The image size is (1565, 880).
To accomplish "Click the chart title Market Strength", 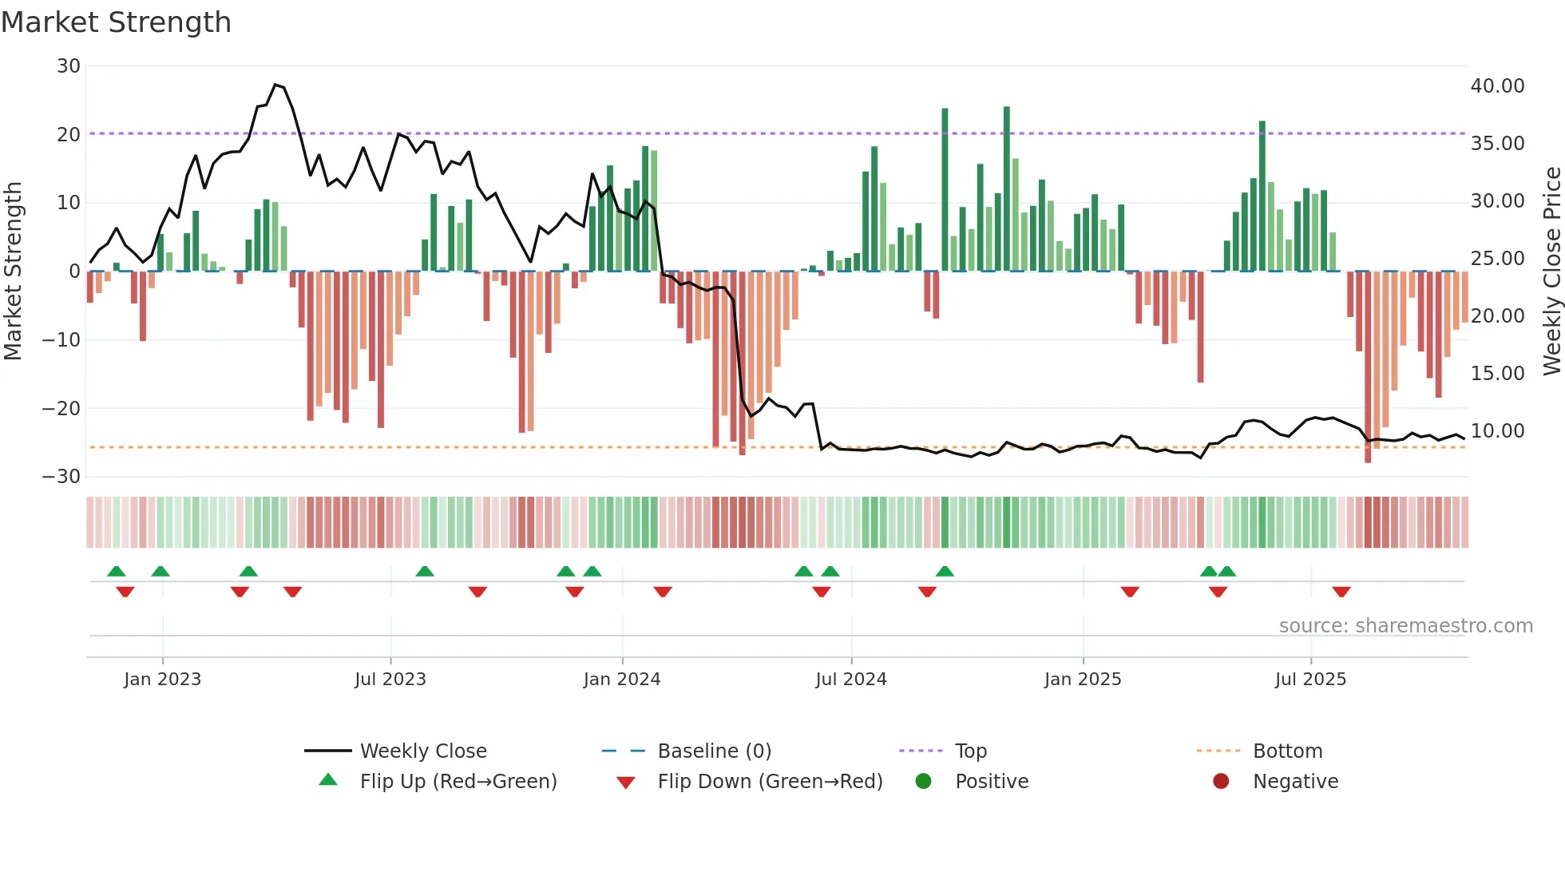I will [116, 22].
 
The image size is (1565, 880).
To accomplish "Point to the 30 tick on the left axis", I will [69, 66].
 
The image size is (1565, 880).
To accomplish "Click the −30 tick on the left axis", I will [61, 477].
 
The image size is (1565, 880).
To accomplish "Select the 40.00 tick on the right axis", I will [1497, 86].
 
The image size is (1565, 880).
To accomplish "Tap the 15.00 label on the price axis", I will [1497, 374].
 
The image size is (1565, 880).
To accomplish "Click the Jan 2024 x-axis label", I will [622, 680].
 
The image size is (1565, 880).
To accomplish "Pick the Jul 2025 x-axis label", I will [1310, 680].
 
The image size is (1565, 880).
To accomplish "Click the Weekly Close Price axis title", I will [1551, 272].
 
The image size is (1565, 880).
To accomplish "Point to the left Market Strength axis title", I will [14, 272].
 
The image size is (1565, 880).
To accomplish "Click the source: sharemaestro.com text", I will [1405, 626].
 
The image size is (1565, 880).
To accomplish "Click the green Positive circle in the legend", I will [924, 782].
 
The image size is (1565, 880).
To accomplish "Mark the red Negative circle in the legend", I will [1221, 782].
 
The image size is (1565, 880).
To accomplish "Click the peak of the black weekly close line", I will [275, 85].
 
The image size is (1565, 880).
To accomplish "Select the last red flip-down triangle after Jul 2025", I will [1341, 592].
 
